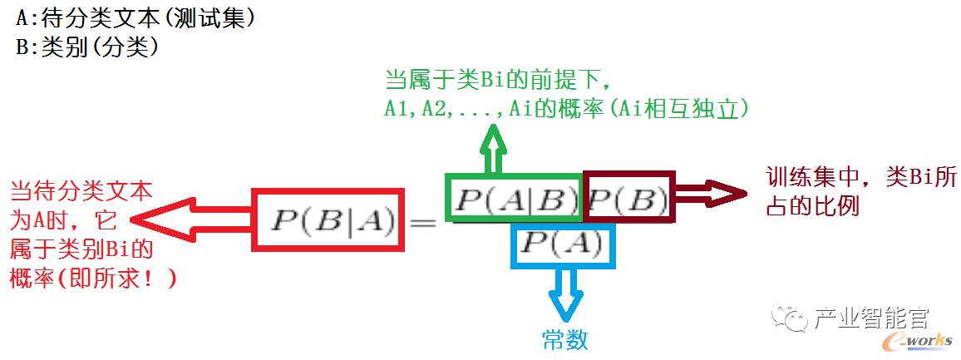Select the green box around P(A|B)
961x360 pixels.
(513, 198)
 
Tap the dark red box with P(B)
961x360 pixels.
(629, 197)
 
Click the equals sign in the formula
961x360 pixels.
(422, 222)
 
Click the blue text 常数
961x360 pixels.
(564, 339)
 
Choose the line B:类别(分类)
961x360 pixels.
(87, 47)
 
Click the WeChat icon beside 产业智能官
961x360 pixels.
(786, 318)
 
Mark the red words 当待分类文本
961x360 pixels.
(81, 192)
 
